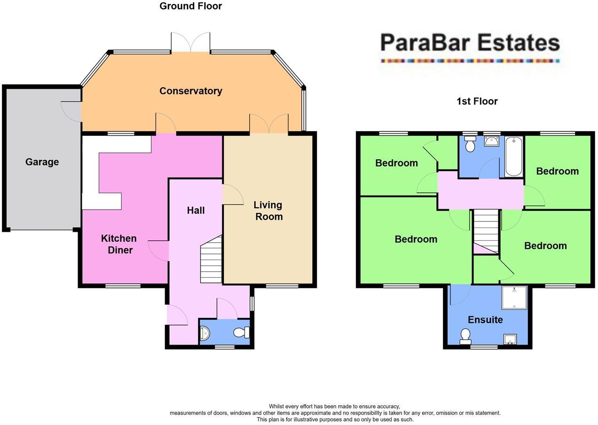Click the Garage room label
pyautogui.click(x=42, y=162)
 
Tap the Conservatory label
pyautogui.click(x=190, y=91)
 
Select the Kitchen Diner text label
pyautogui.click(x=119, y=244)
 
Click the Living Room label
pyautogui.click(x=268, y=211)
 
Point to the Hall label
pyautogui.click(x=196, y=210)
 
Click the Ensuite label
pyautogui.click(x=485, y=320)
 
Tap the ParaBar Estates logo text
pyautogui.click(x=470, y=43)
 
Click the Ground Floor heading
pyautogui.click(x=190, y=6)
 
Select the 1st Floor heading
pyautogui.click(x=477, y=101)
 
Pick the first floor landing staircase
pyautogui.click(x=486, y=231)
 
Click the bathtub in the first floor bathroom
pyautogui.click(x=514, y=157)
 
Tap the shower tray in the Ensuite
pyautogui.click(x=514, y=298)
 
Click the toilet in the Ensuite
pyautogui.click(x=465, y=336)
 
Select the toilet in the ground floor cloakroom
pyautogui.click(x=241, y=332)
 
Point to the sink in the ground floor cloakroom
pyautogui.click(x=205, y=333)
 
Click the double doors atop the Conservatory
pyautogui.click(x=190, y=42)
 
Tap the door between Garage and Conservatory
pyautogui.click(x=72, y=112)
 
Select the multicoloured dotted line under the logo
pyautogui.click(x=470, y=61)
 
